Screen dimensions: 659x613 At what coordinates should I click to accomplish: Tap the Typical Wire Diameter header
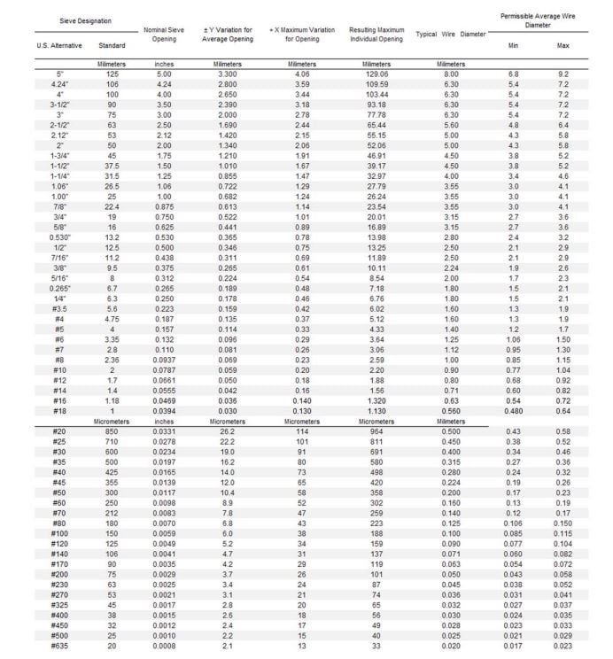coord(451,35)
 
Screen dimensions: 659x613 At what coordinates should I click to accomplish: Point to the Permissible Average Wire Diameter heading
coord(539,20)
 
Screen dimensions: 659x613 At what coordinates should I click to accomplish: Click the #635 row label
coord(59,646)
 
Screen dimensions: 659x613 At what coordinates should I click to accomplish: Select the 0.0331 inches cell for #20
coord(164,430)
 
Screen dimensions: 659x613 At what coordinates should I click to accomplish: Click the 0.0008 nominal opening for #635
coord(164,646)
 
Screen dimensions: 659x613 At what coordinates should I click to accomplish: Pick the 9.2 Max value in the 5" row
coord(563,74)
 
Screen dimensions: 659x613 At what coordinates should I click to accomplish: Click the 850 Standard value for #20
coord(112,430)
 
